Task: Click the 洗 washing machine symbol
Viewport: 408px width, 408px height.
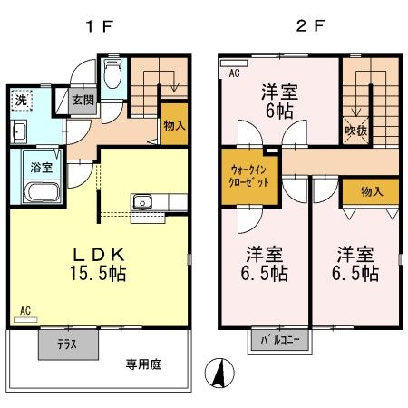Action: click(21, 101)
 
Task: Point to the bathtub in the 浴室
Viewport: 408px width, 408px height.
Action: click(40, 194)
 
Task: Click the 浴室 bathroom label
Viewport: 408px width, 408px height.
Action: click(40, 169)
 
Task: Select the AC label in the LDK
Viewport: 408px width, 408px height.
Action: click(24, 311)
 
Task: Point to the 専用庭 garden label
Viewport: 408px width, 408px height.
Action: click(144, 364)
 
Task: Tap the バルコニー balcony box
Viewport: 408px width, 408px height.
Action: click(281, 341)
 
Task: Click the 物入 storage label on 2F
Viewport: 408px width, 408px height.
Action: click(371, 191)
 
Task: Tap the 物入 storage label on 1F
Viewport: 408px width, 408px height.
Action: click(174, 128)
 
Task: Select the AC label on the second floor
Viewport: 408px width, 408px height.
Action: click(234, 73)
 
